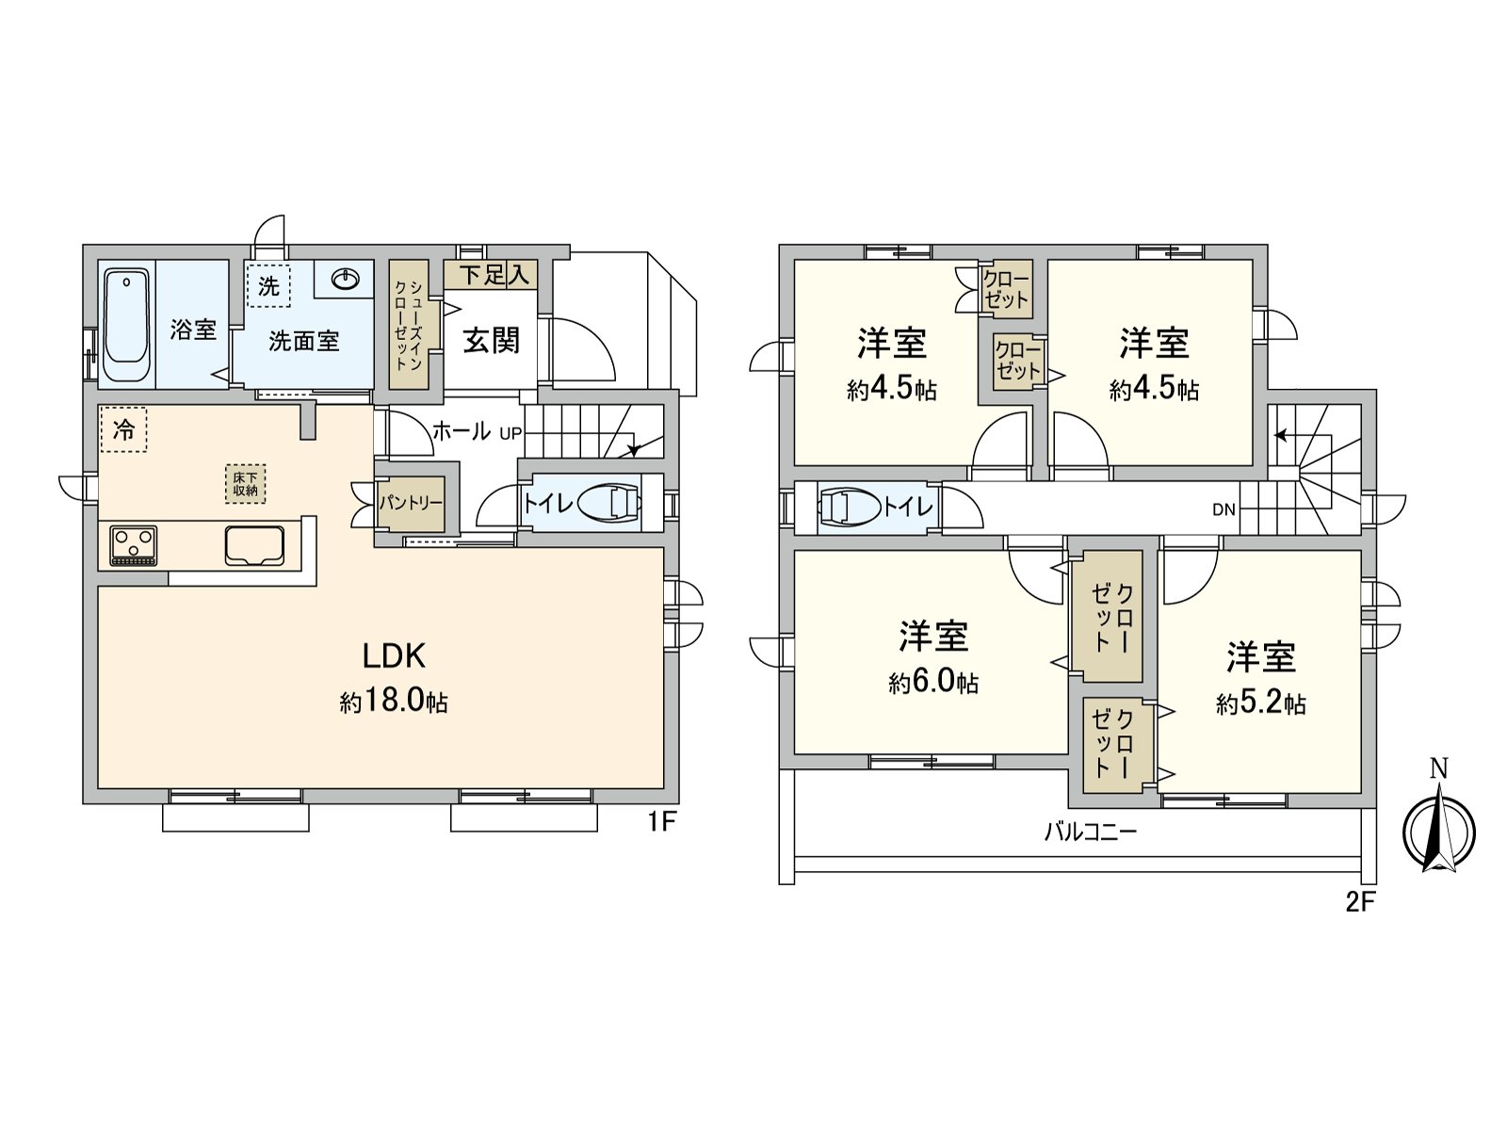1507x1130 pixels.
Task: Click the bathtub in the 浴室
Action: point(127,325)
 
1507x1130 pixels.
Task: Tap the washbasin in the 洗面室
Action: point(345,279)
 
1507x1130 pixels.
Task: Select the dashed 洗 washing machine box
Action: point(268,286)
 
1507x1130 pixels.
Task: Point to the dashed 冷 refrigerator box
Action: point(123,430)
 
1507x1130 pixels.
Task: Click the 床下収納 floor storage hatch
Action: point(245,484)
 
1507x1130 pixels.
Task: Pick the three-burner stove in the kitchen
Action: point(133,545)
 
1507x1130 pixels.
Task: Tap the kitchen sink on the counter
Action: point(254,545)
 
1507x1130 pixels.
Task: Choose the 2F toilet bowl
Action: point(850,508)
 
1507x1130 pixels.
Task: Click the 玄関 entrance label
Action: point(491,340)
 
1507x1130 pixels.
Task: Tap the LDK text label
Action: point(394,656)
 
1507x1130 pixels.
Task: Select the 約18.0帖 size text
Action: point(394,702)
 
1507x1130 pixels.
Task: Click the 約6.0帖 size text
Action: point(933,683)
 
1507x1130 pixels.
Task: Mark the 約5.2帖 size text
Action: point(1261,704)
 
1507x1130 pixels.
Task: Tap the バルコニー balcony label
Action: point(1091,833)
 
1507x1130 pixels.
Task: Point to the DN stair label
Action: point(1223,509)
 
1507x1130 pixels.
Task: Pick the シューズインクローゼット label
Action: point(408,325)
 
